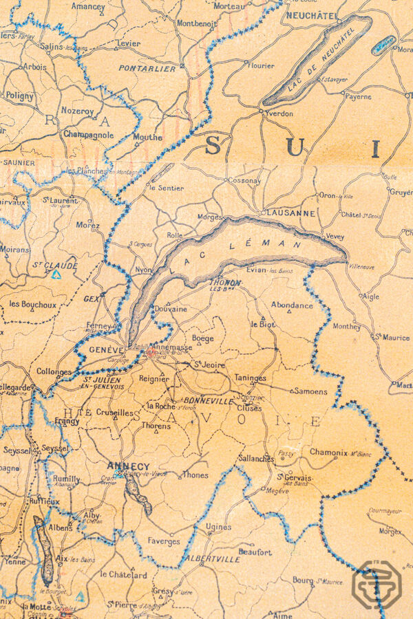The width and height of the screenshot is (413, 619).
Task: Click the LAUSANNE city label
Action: pyautogui.click(x=288, y=213)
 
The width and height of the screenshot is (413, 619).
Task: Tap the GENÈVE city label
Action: pyautogui.click(x=106, y=350)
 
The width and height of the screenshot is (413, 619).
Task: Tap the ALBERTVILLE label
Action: pyautogui.click(x=213, y=559)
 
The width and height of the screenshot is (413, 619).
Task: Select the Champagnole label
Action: pyautogui.click(x=87, y=135)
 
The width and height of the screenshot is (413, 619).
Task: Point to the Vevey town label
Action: pyautogui.click(x=335, y=236)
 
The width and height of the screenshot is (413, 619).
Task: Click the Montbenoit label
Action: pyautogui.click(x=197, y=23)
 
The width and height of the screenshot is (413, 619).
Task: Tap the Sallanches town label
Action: pyautogui.click(x=255, y=458)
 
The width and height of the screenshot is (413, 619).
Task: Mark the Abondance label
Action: pyautogui.click(x=292, y=305)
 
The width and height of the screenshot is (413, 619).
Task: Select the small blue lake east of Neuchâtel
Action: pyautogui.click(x=383, y=45)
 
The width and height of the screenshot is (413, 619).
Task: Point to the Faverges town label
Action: pyautogui.click(x=163, y=541)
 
